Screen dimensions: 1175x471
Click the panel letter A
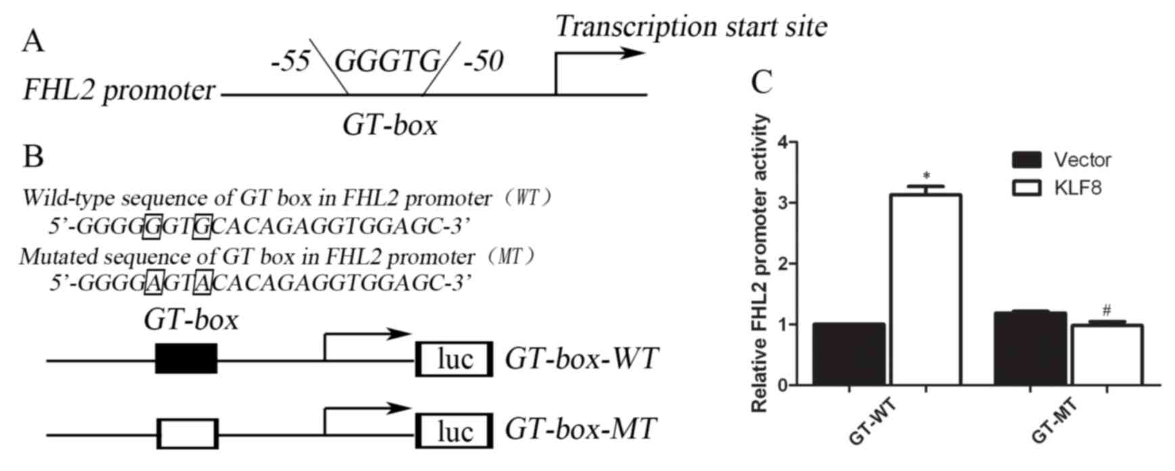coord(32,42)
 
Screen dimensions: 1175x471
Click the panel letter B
coord(32,157)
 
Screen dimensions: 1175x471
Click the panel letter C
coord(762,82)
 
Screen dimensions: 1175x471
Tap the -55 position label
coord(290,63)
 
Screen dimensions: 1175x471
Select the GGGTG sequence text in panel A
coord(388,63)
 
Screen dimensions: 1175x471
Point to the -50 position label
coord(483,63)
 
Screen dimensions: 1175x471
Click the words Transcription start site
coord(691,27)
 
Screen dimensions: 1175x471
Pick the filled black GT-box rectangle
coord(186,358)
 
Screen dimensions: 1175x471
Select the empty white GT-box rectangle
coord(187,434)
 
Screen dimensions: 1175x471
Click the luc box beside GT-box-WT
coord(454,359)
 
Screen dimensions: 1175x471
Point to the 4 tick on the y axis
coord(783,143)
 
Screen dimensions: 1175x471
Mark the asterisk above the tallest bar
coord(925,176)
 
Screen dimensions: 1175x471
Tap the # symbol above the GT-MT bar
coord(1107,311)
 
